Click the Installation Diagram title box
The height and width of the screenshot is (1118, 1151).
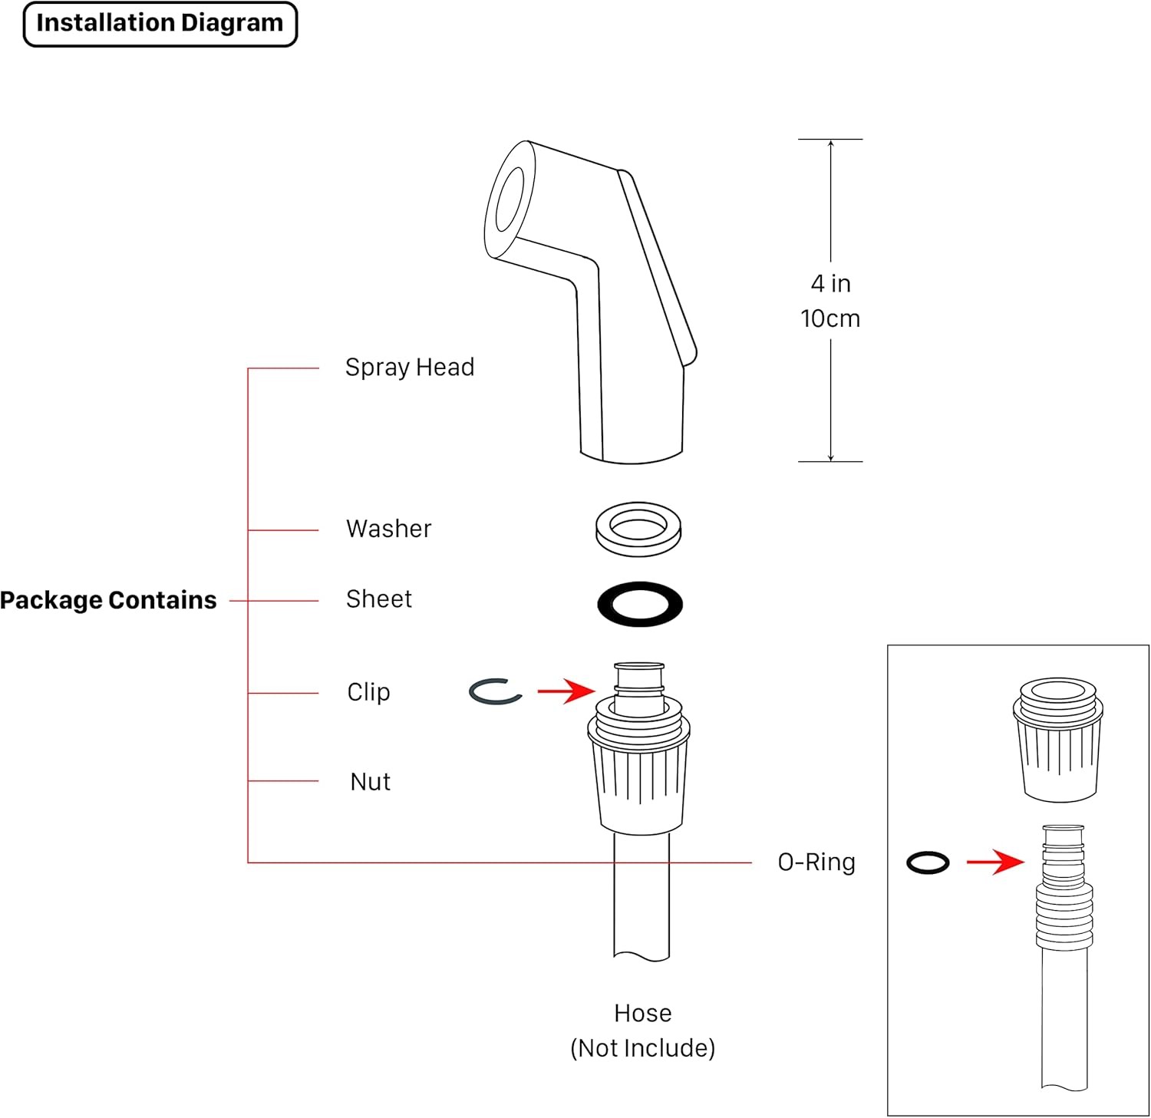pos(160,24)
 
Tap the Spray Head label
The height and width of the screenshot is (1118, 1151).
pos(410,368)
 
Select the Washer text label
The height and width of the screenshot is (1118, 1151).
pos(389,529)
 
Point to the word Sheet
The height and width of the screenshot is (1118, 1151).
pos(379,599)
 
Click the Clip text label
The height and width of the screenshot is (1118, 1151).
pos(369,692)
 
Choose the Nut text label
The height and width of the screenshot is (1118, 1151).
pos(371,782)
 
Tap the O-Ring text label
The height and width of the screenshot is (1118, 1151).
pos(816,862)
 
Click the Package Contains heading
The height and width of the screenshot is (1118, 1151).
pos(108,600)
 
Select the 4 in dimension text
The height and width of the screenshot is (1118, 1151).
pos(831,284)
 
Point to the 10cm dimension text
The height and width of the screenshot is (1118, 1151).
pos(830,318)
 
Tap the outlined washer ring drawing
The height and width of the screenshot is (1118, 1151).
pos(638,529)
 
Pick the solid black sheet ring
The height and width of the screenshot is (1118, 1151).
pos(640,603)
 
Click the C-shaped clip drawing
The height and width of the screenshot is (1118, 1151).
pos(496,691)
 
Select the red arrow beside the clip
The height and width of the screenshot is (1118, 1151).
pos(566,691)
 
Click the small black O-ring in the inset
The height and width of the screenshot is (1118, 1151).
pos(928,862)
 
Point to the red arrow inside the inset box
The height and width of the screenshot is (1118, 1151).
pos(995,862)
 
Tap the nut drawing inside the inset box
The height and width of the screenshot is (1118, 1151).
pos(1058,740)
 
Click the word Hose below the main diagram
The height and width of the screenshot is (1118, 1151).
pos(643,1014)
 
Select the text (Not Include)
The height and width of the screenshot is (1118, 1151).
pos(643,1048)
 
